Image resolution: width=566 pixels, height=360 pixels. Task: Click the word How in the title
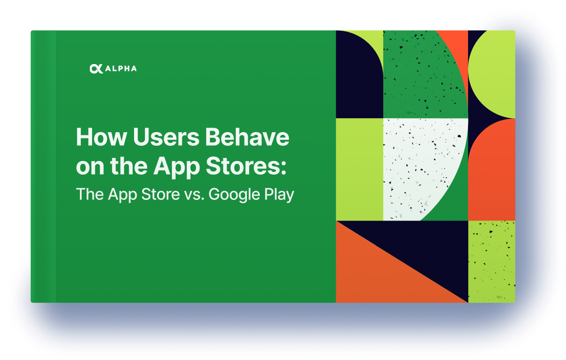click(101, 137)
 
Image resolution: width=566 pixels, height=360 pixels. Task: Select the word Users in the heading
click(166, 137)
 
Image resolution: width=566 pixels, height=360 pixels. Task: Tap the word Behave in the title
click(247, 137)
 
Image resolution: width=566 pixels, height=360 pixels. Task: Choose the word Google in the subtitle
click(234, 195)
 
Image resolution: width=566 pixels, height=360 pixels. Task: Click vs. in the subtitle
click(194, 195)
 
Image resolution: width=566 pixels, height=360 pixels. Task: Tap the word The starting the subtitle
click(90, 194)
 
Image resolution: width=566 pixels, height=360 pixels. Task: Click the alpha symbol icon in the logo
click(96, 69)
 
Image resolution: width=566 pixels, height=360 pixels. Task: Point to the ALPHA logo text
click(121, 69)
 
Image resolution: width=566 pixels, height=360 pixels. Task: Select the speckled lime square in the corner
click(492, 262)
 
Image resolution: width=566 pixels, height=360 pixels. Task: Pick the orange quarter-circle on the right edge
click(493, 174)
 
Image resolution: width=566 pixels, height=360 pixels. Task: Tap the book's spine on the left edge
click(44, 166)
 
